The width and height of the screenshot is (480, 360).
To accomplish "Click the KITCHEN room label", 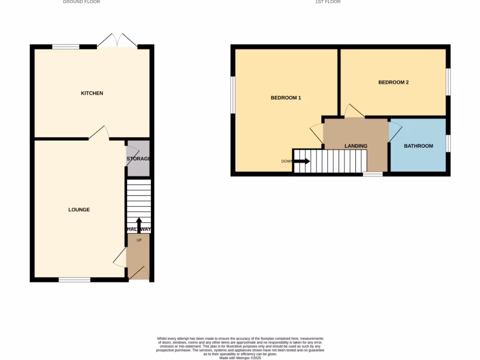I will pyautogui.click(x=92, y=93).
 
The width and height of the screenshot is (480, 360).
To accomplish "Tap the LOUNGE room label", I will pyautogui.click(x=79, y=210).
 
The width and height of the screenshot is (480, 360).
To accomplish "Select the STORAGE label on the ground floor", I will pyautogui.click(x=138, y=159).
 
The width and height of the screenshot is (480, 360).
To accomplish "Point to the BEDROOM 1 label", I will pyautogui.click(x=286, y=98).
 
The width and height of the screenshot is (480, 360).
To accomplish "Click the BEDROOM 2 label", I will pyautogui.click(x=393, y=82).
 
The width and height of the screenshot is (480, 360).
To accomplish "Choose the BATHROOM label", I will pyautogui.click(x=419, y=146).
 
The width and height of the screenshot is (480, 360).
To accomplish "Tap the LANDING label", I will pyautogui.click(x=356, y=146).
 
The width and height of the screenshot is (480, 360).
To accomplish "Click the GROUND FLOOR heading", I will pyautogui.click(x=82, y=2).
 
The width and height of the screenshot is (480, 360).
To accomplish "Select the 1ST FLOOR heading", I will pyautogui.click(x=328, y=2).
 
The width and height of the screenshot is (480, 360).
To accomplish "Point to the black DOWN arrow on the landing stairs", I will pyautogui.click(x=302, y=161).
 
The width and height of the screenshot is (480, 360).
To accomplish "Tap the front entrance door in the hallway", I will pyautogui.click(x=139, y=273).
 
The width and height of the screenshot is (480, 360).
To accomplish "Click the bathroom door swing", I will pyautogui.click(x=395, y=131).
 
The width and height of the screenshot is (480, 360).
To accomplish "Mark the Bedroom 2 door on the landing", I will pyautogui.click(x=354, y=111).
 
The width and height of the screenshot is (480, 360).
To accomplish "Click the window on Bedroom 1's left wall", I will pyautogui.click(x=232, y=95).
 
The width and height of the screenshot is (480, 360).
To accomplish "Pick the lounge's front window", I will pyautogui.click(x=75, y=280).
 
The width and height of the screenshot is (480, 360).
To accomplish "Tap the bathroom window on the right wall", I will pyautogui.click(x=448, y=143).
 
